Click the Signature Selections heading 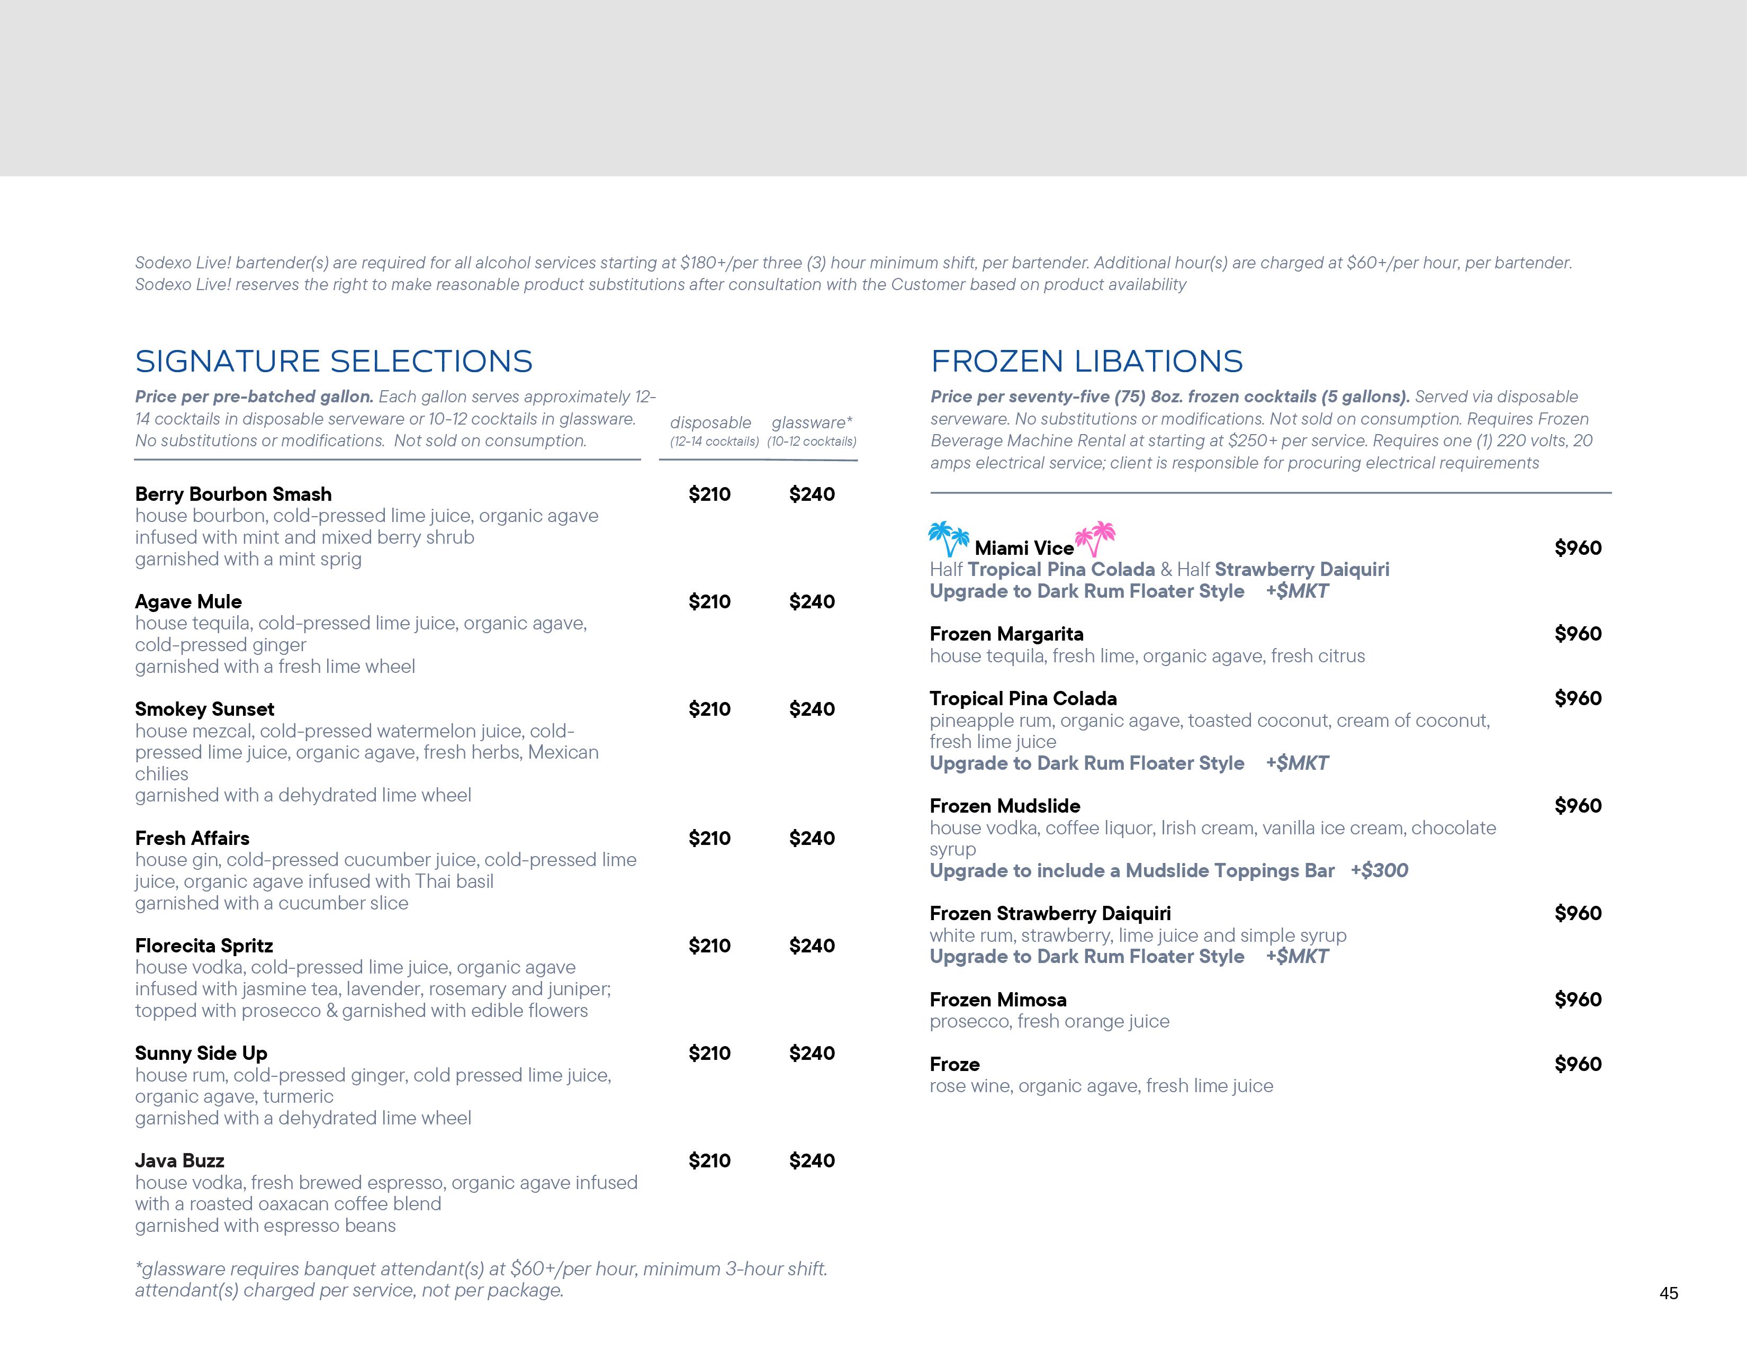pyautogui.click(x=334, y=362)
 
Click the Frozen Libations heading pyautogui.click(x=1086, y=362)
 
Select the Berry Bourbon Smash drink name pyautogui.click(x=233, y=494)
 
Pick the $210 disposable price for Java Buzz pyautogui.click(x=709, y=1160)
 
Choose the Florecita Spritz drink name pyautogui.click(x=204, y=946)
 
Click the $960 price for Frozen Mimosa pyautogui.click(x=1578, y=1000)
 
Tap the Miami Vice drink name pyautogui.click(x=1024, y=548)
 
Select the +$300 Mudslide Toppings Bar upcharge pyautogui.click(x=1379, y=871)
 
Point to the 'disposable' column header pyautogui.click(x=710, y=422)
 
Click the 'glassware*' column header pyautogui.click(x=812, y=422)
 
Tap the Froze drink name pyautogui.click(x=954, y=1065)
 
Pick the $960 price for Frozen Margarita pyautogui.click(x=1578, y=634)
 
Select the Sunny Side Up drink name pyautogui.click(x=201, y=1054)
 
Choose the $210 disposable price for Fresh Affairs pyautogui.click(x=709, y=838)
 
